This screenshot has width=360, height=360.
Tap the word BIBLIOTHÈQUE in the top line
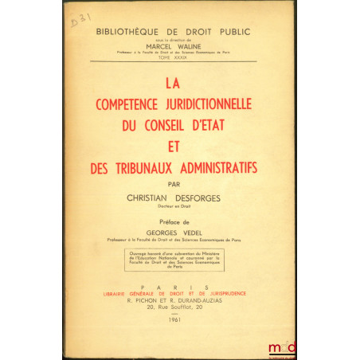point(134,34)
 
